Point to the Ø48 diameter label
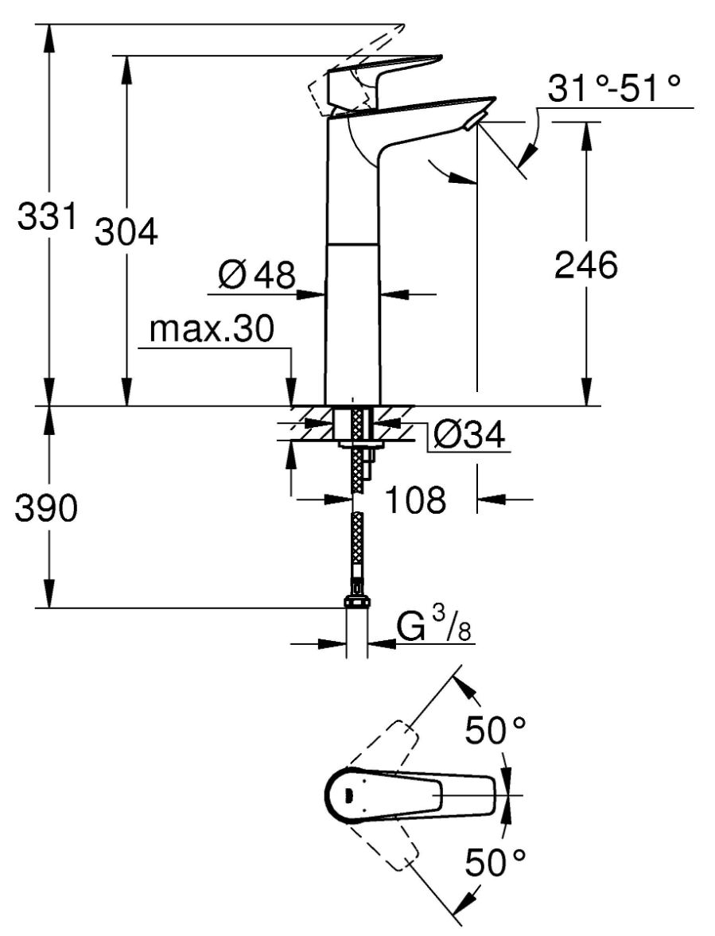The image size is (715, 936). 255,275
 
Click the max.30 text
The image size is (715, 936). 212,328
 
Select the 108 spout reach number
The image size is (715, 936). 414,500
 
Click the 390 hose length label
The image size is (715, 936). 46,509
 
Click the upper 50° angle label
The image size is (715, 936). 495,730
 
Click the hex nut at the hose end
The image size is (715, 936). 357,603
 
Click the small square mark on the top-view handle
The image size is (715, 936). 348,794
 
